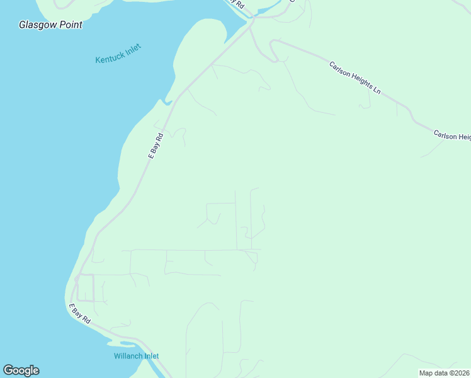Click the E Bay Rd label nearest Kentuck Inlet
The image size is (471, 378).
tap(156, 145)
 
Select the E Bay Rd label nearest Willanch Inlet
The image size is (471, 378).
tap(80, 313)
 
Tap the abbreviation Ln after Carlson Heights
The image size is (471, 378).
tap(377, 90)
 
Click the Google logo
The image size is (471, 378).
tap(21, 370)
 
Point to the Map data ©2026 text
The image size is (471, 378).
tap(444, 373)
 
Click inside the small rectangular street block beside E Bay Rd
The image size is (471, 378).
tap(86, 288)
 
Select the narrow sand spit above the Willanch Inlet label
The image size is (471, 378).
tap(123, 343)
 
